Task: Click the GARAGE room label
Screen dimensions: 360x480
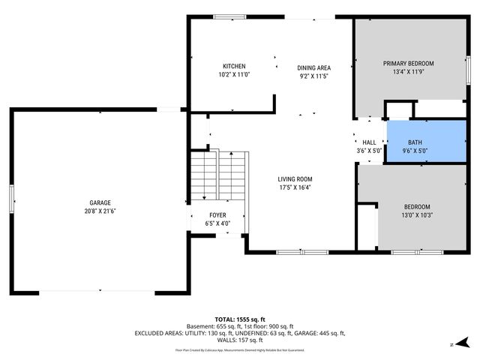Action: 100,202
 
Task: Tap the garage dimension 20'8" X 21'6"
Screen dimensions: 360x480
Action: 100,211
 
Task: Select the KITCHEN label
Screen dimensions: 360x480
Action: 233,66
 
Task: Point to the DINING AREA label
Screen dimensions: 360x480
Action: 314,67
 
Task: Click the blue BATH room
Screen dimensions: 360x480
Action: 424,140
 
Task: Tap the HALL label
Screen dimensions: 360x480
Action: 369,142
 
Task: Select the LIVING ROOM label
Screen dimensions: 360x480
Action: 295,178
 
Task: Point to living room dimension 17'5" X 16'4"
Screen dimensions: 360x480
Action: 295,187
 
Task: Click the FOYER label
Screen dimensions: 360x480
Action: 217,214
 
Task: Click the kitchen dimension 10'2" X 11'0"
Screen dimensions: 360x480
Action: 233,75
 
